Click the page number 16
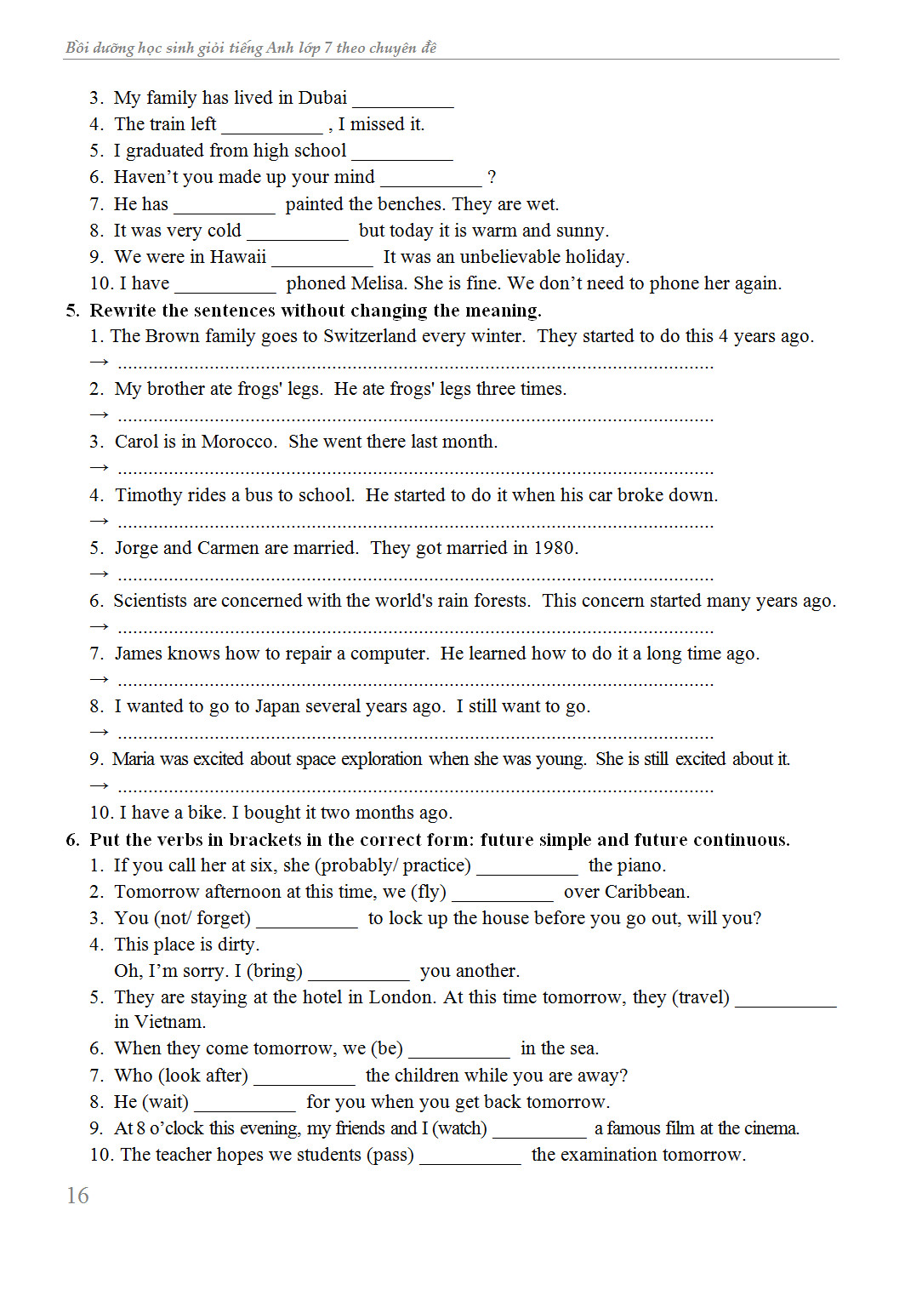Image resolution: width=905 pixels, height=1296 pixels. [x=77, y=1196]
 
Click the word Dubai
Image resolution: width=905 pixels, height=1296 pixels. [x=322, y=98]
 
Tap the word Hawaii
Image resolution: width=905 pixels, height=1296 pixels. [x=238, y=257]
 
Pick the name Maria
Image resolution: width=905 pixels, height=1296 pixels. [x=133, y=759]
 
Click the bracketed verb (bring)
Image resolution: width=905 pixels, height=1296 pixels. [x=275, y=971]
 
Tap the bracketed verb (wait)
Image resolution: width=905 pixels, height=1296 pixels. [x=166, y=1102]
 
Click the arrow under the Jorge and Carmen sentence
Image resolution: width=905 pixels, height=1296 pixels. [x=99, y=574]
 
